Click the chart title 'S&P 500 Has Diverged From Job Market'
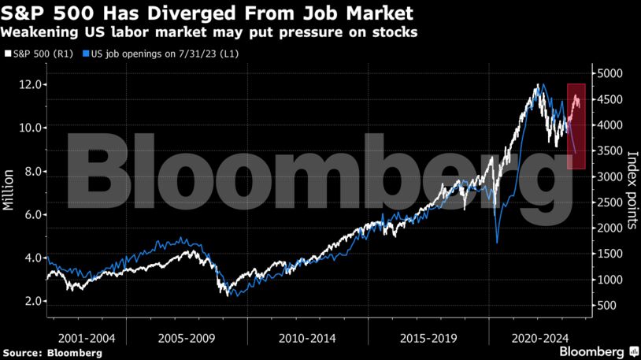coord(209,14)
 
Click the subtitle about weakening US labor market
coord(209,33)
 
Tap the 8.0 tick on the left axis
coord(30,171)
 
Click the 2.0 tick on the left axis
coord(30,302)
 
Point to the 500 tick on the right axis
coord(609,306)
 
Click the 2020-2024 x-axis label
coord(540,338)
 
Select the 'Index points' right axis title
coord(631,187)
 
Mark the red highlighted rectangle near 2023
coord(576,126)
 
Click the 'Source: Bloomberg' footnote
coord(52,353)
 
